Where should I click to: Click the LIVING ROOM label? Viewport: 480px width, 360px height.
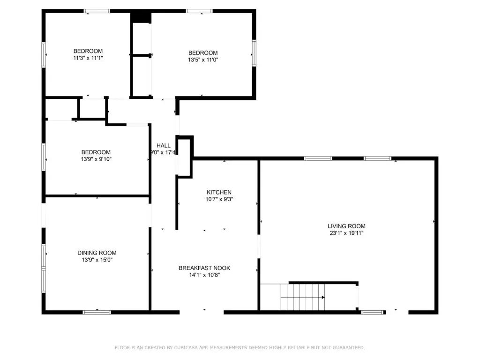click(x=346, y=226)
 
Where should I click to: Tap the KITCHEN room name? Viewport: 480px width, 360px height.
click(x=219, y=192)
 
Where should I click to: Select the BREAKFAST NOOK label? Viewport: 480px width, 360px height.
click(x=204, y=268)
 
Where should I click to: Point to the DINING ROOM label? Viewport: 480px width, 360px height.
click(x=97, y=253)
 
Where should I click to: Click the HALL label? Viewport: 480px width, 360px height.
click(x=164, y=145)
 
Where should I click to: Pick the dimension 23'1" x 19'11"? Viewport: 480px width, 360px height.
click(x=346, y=233)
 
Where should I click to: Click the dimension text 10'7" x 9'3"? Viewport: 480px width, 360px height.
click(x=219, y=199)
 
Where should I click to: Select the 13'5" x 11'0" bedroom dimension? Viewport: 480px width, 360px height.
click(x=203, y=60)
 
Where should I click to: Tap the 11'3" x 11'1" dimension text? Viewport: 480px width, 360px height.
click(x=88, y=58)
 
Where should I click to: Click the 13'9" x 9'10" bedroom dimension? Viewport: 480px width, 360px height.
click(x=96, y=159)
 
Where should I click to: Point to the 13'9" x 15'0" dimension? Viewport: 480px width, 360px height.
click(x=97, y=260)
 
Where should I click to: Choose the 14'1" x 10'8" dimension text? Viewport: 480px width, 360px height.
click(x=204, y=275)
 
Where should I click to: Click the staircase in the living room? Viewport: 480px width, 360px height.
click(x=303, y=297)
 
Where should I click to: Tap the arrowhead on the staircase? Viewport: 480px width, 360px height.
click(x=323, y=297)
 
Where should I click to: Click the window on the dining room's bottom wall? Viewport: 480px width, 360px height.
click(x=97, y=312)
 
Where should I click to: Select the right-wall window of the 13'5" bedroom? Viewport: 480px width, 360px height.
click(x=254, y=53)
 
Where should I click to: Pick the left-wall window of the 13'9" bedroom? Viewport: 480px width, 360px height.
click(x=44, y=157)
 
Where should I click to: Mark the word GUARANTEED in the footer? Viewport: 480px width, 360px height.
click(x=349, y=347)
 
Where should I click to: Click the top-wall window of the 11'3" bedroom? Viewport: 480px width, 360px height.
click(x=97, y=11)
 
